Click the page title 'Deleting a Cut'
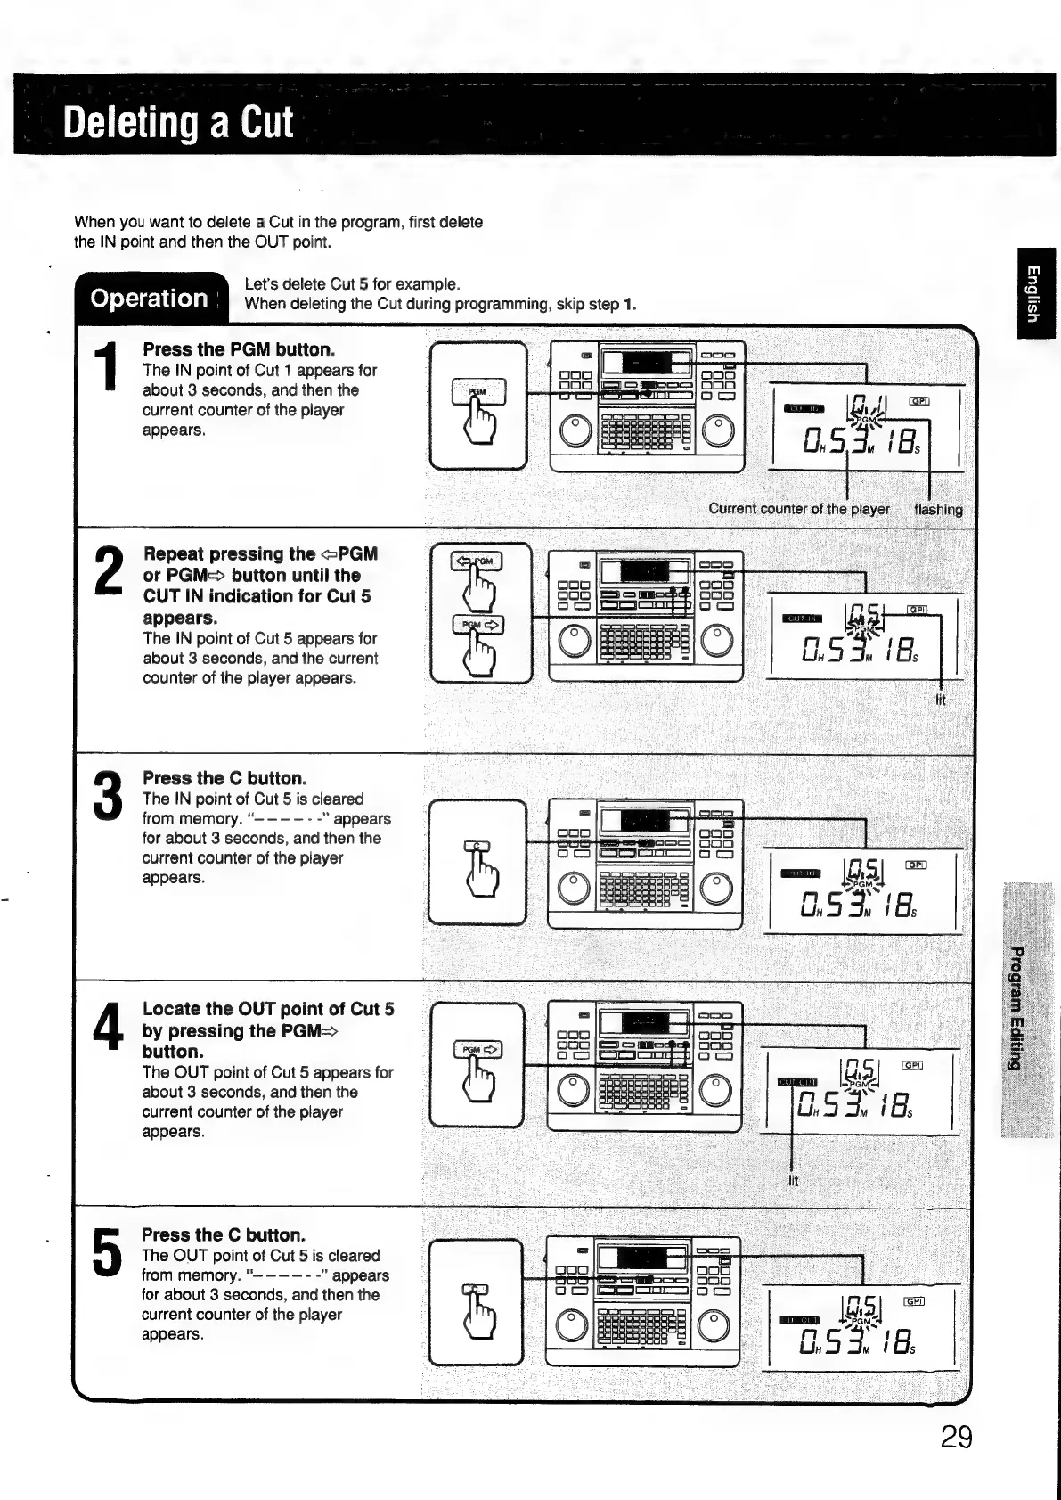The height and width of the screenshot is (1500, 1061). click(178, 122)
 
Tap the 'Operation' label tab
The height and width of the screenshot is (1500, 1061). click(149, 298)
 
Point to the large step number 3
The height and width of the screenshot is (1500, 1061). click(108, 796)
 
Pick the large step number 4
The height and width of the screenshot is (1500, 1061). click(108, 1027)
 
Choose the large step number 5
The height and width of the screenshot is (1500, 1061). click(106, 1251)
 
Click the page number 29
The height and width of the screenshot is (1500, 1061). click(956, 1438)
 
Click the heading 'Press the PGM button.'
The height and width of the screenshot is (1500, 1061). click(239, 349)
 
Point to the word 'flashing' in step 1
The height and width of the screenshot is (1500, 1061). click(938, 510)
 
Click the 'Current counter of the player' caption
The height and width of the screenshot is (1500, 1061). click(798, 510)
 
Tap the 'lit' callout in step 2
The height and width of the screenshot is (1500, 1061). click(941, 701)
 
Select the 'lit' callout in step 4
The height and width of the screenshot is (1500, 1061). click(793, 1182)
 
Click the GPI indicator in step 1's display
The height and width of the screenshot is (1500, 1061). click(918, 402)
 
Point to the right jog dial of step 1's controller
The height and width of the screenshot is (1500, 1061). click(719, 431)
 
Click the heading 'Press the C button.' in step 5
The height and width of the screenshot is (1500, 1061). click(224, 1235)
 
